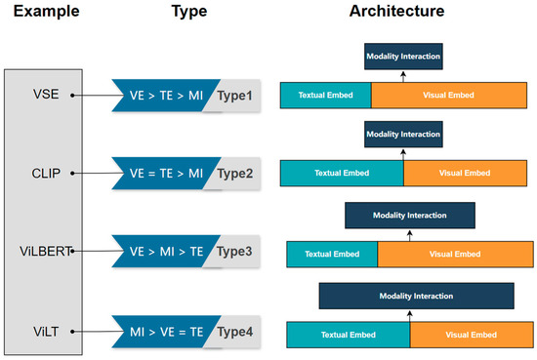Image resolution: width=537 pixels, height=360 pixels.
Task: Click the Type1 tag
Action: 235,96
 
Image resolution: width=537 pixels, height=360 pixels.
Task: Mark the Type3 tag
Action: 235,251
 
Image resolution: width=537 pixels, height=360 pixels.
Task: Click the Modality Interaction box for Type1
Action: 403,56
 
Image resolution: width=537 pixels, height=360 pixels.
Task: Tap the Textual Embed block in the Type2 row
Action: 341,173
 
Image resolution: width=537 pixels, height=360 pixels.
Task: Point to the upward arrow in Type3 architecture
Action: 409,234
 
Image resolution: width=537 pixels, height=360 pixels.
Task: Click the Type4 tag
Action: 235,332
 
